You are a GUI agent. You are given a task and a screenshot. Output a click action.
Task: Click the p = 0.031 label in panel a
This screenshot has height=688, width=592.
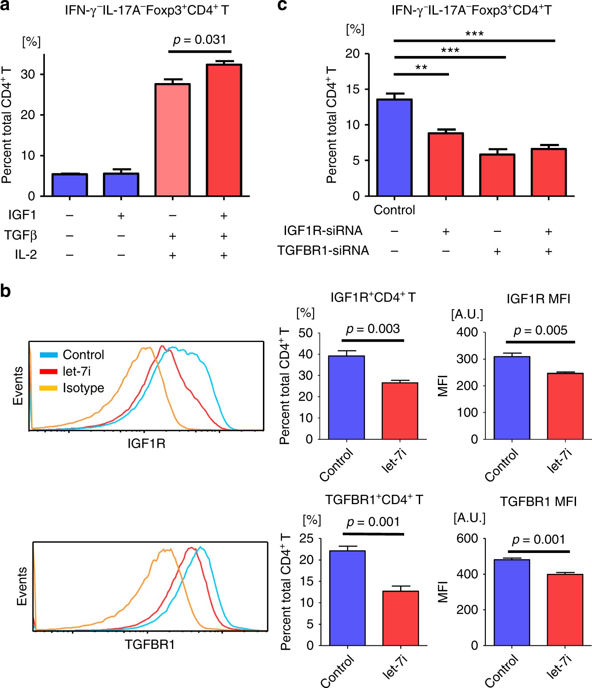point(200,40)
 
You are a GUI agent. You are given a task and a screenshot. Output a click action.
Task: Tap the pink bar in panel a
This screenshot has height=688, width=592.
point(172,139)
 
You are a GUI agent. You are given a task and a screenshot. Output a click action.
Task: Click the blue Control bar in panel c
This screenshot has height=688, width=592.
point(394,147)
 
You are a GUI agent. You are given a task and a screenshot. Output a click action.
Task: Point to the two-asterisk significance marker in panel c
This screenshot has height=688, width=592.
point(421,68)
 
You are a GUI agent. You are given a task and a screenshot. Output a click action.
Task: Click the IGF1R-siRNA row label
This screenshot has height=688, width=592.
point(323,231)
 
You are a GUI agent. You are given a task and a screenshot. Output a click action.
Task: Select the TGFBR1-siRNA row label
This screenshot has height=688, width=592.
point(323,251)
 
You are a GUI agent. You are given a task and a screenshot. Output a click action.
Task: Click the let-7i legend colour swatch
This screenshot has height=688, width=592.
point(48,371)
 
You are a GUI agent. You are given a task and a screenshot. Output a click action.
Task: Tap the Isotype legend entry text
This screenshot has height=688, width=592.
point(83,388)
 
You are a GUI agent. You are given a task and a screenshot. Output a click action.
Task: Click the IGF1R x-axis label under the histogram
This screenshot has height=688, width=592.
point(146,443)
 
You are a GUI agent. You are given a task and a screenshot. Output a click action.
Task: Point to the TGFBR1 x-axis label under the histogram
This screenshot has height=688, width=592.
point(150,644)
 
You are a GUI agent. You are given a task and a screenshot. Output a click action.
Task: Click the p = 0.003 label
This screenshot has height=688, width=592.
point(373,329)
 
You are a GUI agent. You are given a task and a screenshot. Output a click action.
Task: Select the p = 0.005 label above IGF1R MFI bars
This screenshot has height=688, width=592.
point(540,330)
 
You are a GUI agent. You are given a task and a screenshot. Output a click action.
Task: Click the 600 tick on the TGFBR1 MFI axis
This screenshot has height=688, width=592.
point(467,539)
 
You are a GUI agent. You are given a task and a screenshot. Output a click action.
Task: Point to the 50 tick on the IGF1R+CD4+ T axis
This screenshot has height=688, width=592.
point(306,333)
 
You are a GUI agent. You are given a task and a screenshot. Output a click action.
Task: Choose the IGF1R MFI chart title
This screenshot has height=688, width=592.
point(538,298)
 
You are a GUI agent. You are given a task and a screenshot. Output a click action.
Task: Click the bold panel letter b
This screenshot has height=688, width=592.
point(6,291)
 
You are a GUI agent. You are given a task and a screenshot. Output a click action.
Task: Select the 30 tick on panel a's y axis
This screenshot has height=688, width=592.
point(28,74)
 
